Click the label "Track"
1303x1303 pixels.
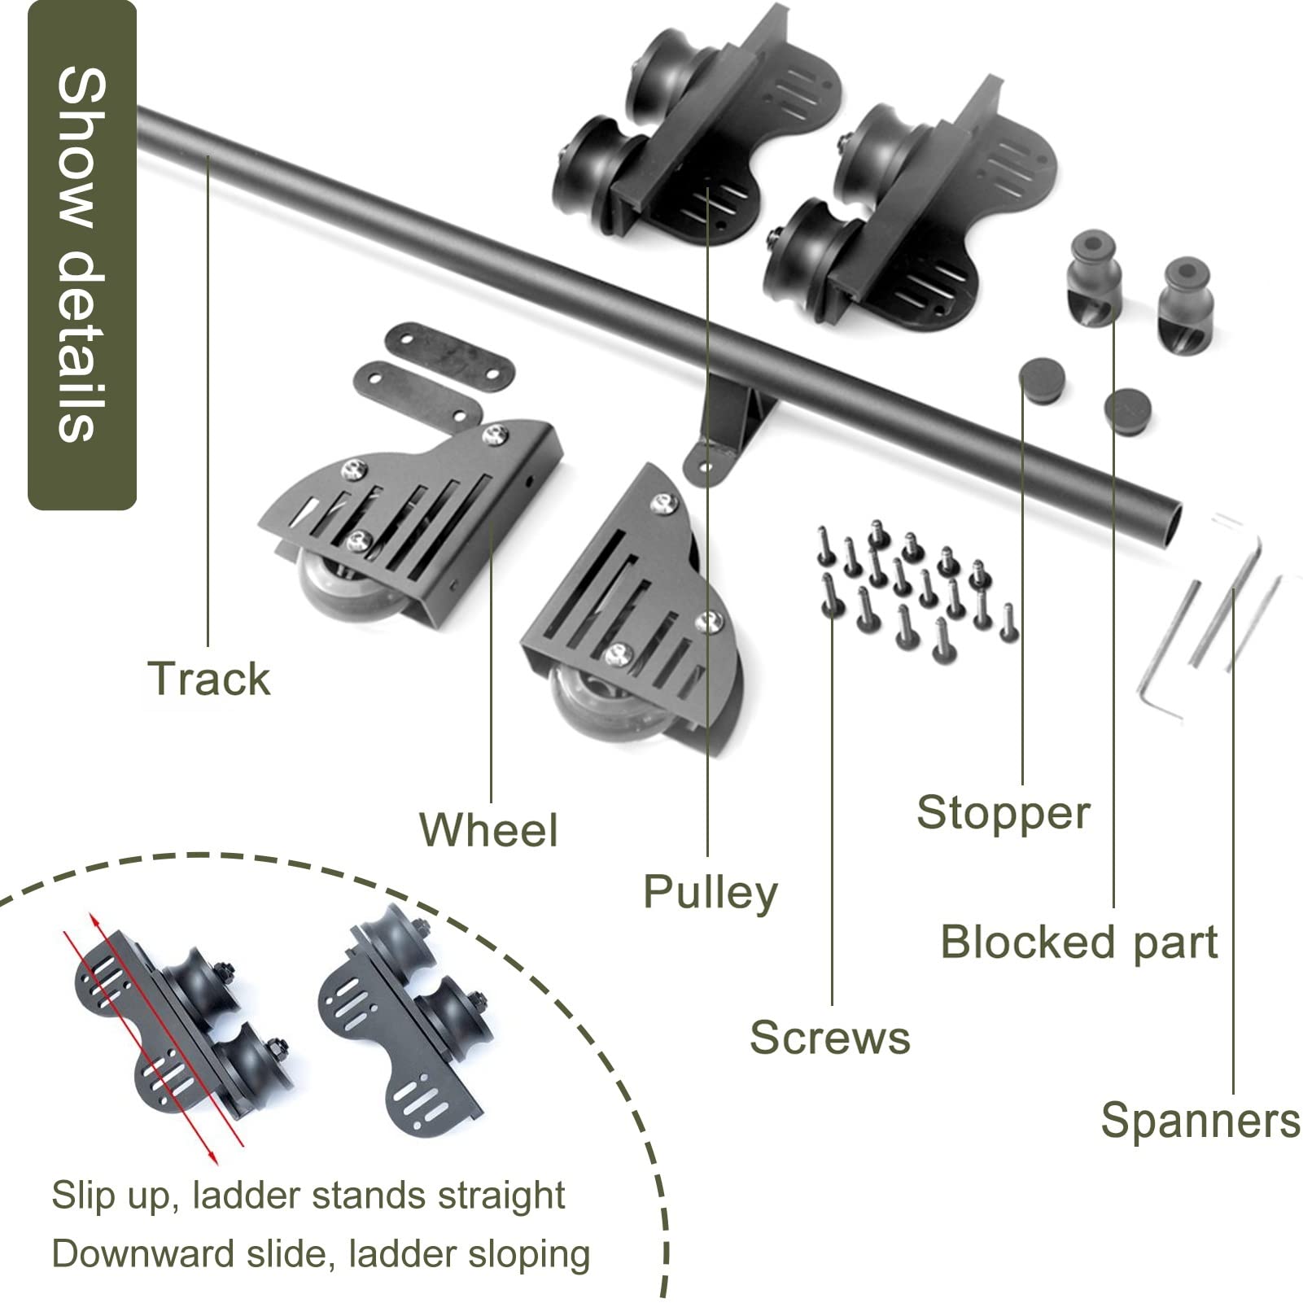coord(208,679)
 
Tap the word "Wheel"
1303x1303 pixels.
coord(488,829)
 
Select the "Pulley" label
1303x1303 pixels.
coord(710,893)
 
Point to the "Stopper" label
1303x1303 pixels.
coord(1003,813)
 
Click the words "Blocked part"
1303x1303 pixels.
coord(1079,942)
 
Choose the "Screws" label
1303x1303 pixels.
coord(829,1038)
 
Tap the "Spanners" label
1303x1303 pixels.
coord(1200,1121)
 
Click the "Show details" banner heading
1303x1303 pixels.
coord(82,255)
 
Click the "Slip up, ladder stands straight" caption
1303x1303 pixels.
coord(308,1196)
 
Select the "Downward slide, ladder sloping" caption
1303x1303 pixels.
coord(321,1254)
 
